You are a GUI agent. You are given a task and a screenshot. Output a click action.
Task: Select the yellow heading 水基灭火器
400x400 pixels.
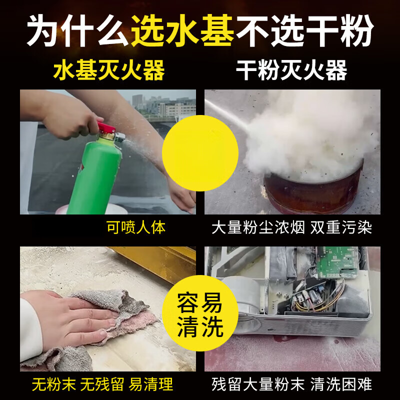(x=109, y=71)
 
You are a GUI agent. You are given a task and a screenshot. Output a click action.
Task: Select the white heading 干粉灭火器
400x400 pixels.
(x=291, y=71)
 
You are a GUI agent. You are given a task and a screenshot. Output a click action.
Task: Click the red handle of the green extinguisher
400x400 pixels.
(x=106, y=128)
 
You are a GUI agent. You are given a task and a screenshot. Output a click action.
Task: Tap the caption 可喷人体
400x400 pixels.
(x=136, y=228)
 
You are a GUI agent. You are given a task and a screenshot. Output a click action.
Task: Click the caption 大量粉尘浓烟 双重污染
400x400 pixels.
(x=292, y=228)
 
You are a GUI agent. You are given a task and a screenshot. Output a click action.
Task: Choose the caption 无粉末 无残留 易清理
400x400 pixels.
(x=102, y=384)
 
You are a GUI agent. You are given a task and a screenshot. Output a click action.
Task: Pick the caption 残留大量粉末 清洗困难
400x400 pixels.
(x=292, y=384)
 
